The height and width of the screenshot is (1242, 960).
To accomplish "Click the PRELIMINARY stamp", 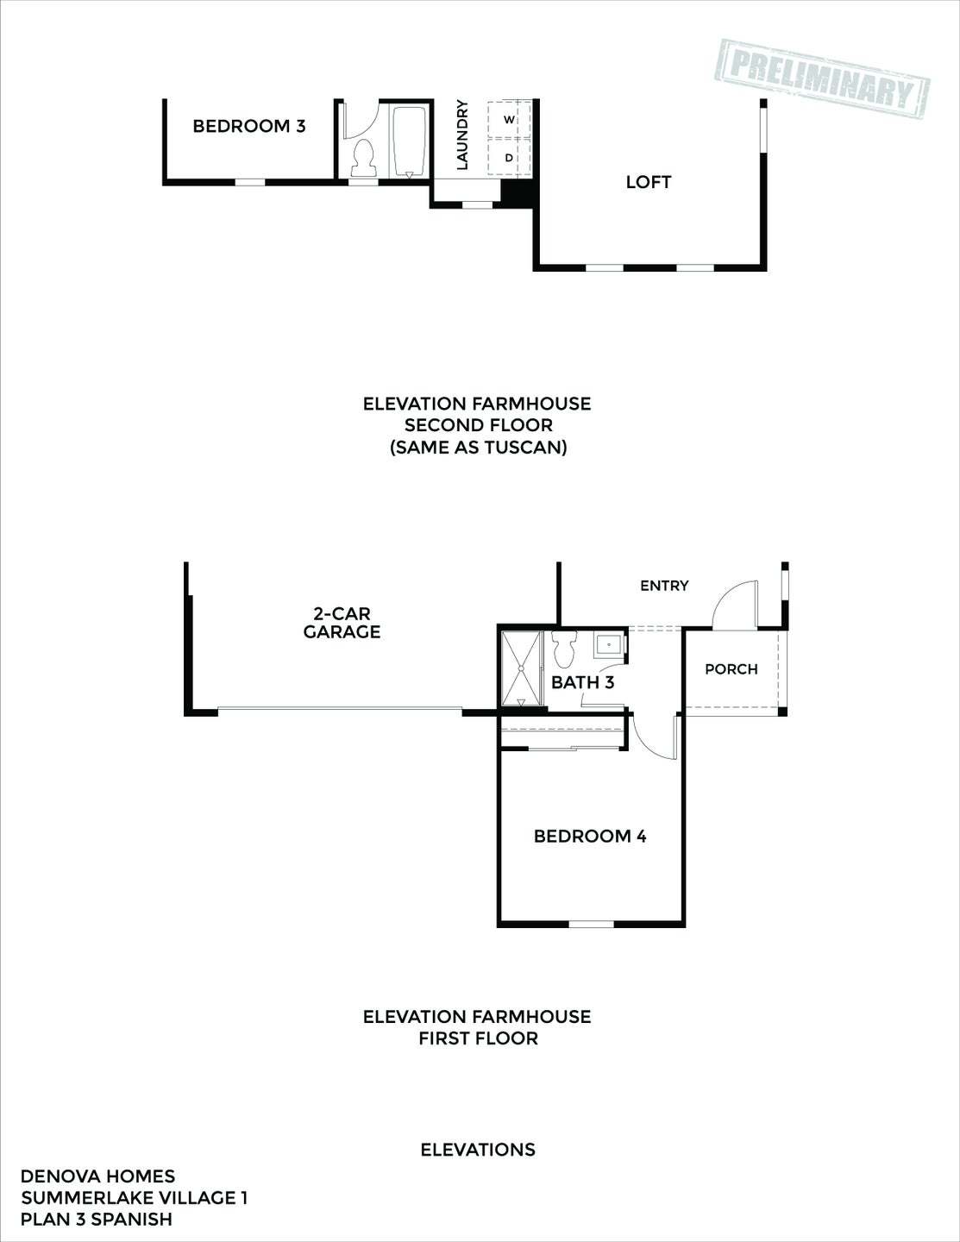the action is tap(822, 75).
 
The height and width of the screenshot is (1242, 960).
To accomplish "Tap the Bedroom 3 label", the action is tap(248, 126).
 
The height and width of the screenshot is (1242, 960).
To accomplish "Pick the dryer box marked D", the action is tap(509, 158).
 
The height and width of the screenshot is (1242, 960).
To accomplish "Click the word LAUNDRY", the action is tap(461, 135).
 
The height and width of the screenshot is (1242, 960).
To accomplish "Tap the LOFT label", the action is tap(649, 182).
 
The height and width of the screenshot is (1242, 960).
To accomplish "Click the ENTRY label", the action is tap(664, 586).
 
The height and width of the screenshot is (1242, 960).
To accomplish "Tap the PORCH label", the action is tap(731, 668).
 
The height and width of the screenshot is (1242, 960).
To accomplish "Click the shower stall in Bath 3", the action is tap(522, 668).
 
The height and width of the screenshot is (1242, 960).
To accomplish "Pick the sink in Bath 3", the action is tap(609, 644).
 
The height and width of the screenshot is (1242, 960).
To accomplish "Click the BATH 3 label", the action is tap(582, 683).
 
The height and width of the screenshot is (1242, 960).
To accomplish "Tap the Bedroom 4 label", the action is tap(590, 836).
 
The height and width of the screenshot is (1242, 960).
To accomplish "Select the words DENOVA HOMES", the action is tap(97, 1176).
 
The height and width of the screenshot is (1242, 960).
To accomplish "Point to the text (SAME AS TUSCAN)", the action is tap(478, 448).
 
